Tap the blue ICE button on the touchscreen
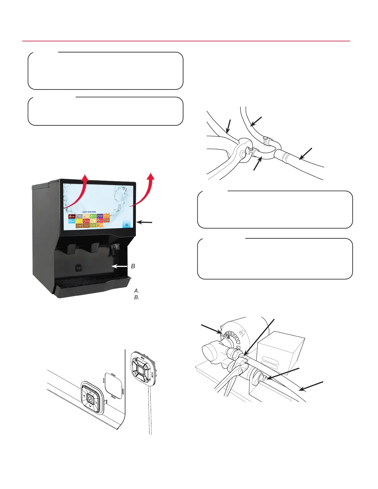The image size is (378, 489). [x=127, y=225]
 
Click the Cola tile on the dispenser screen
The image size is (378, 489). [x=72, y=216]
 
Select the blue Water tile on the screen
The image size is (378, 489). [x=72, y=221]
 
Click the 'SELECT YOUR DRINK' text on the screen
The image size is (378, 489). [x=89, y=212]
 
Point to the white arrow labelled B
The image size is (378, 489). [x=120, y=266]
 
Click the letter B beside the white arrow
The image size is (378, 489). [x=133, y=266]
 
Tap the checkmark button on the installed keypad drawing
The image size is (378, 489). [x=90, y=399]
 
